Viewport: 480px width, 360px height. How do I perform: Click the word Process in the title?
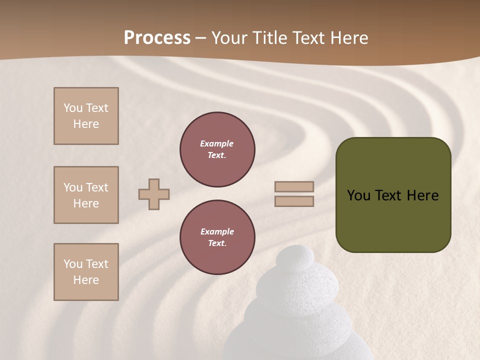click(x=157, y=38)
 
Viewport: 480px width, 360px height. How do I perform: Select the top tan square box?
click(x=86, y=116)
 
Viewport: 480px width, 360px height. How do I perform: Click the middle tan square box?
click(x=86, y=195)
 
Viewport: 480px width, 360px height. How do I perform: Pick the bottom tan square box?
click(x=86, y=272)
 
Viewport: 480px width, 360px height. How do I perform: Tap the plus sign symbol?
click(x=154, y=194)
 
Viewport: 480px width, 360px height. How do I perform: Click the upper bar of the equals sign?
click(x=294, y=186)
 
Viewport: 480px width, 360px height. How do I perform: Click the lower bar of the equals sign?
click(x=294, y=201)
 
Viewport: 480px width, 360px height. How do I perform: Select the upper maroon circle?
click(x=217, y=149)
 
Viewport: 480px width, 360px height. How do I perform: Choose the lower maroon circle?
click(x=217, y=237)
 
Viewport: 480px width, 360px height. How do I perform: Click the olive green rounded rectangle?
click(x=393, y=195)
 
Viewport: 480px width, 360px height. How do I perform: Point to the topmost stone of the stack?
click(x=295, y=257)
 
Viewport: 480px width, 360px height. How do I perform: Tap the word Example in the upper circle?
click(x=216, y=143)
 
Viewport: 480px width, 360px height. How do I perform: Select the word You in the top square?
click(x=73, y=108)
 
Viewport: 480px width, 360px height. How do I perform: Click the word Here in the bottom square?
click(x=86, y=280)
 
